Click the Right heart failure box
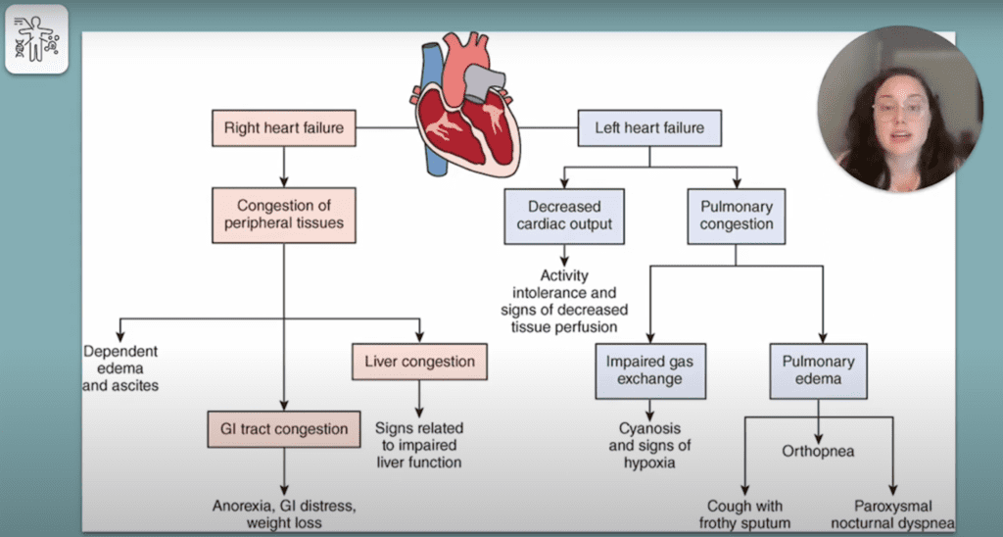point(283,127)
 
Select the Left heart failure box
point(648,127)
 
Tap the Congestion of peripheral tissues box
point(283,216)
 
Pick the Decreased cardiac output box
point(564,216)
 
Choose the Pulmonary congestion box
point(737,216)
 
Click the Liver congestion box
point(419,362)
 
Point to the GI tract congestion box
point(283,428)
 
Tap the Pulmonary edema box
point(818,370)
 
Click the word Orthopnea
point(818,452)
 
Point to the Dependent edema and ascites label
point(120,368)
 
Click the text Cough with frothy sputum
point(745,515)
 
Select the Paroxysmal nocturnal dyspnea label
point(890,515)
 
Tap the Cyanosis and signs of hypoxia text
point(648,446)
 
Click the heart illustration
point(465,113)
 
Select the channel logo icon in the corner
point(36,38)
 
